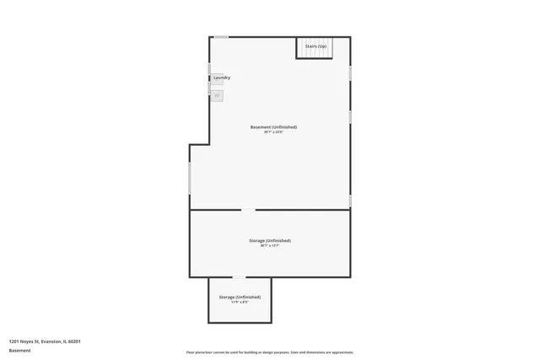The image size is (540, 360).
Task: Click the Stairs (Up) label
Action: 316,46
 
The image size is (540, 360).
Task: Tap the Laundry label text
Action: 222,78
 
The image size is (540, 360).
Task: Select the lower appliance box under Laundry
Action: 217,95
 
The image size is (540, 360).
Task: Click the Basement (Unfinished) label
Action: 273,127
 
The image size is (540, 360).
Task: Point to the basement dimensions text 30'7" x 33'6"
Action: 273,132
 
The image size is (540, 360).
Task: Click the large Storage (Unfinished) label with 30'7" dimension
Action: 270,240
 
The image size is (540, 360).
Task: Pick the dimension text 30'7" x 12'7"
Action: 270,245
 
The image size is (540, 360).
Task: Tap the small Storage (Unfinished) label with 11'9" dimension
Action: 240,297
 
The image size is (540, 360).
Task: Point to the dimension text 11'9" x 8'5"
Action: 240,302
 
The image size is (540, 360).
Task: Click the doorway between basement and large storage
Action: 249,210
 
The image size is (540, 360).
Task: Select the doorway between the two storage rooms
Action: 240,277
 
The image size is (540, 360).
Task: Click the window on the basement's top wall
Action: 220,36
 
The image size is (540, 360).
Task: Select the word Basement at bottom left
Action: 19,349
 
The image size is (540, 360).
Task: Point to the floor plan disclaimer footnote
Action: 270,352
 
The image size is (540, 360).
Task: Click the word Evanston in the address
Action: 51,341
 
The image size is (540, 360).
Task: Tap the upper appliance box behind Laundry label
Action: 216,79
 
